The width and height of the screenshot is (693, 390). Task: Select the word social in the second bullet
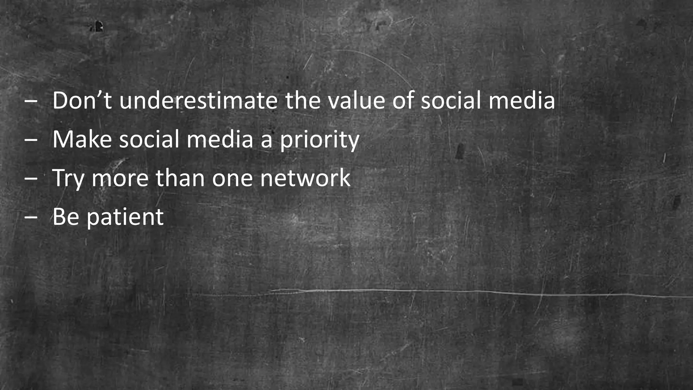point(149,139)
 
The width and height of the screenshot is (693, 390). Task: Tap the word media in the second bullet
point(220,139)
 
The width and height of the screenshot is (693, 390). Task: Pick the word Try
point(68,178)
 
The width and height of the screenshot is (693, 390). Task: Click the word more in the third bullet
point(120,178)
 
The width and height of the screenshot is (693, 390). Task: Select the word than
point(180,178)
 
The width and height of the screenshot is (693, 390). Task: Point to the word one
point(232,178)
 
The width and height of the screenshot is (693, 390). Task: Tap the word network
point(305,178)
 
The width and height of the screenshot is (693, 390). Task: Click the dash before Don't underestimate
point(31,102)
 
